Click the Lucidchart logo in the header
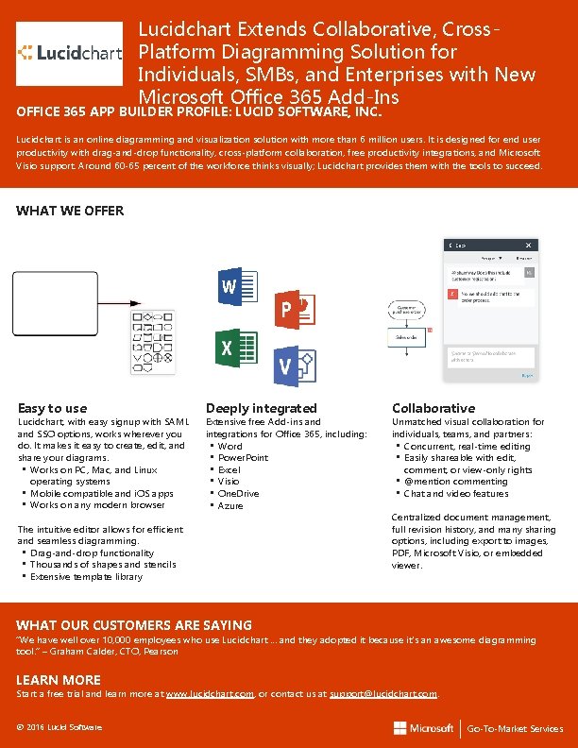tap(70, 54)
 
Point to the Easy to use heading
tap(52, 408)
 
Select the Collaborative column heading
tap(433, 408)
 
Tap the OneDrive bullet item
tap(237, 493)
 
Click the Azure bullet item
tap(229, 505)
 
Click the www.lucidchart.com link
tap(210, 693)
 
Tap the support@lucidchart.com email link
tap(382, 693)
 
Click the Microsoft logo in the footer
tap(424, 728)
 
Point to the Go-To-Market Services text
tap(515, 728)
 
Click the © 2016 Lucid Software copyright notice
tap(59, 726)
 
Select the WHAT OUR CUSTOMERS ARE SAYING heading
tap(134, 625)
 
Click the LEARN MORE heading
tap(59, 680)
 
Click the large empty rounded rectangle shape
tap(55, 303)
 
